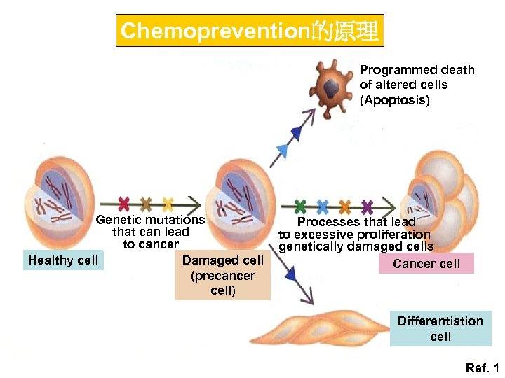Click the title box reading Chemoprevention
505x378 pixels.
[x=250, y=31]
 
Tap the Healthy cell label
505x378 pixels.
[x=62, y=260]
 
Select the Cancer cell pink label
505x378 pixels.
[x=426, y=264]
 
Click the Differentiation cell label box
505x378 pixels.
[x=440, y=328]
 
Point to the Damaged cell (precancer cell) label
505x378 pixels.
[x=222, y=275]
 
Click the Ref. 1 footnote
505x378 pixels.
[x=483, y=367]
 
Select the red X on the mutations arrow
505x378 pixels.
[x=124, y=204]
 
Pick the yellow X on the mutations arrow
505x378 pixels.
[x=168, y=204]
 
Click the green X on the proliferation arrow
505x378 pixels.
[x=300, y=206]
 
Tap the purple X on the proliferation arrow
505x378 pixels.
[x=367, y=206]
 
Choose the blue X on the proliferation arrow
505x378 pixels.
[x=322, y=206]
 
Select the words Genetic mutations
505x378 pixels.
[x=150, y=220]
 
